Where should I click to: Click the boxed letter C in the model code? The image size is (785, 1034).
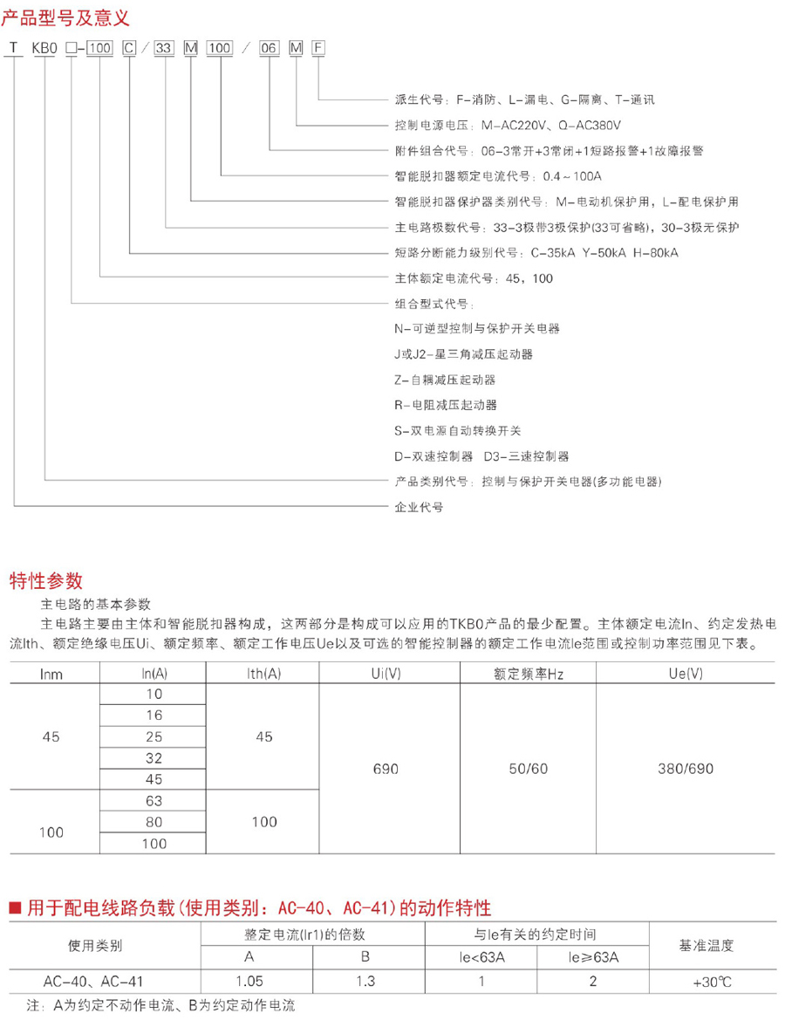tap(129, 48)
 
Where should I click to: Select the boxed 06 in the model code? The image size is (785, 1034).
tap(270, 48)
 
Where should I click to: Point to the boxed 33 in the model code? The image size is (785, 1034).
tap(163, 48)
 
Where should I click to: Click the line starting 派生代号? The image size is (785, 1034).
tap(524, 99)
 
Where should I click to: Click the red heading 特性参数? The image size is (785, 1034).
tap(45, 580)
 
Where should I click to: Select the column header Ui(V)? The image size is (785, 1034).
tap(386, 674)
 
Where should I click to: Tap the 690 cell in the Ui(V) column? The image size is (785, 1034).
tap(386, 770)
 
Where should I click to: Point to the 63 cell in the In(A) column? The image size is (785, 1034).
tap(154, 800)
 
